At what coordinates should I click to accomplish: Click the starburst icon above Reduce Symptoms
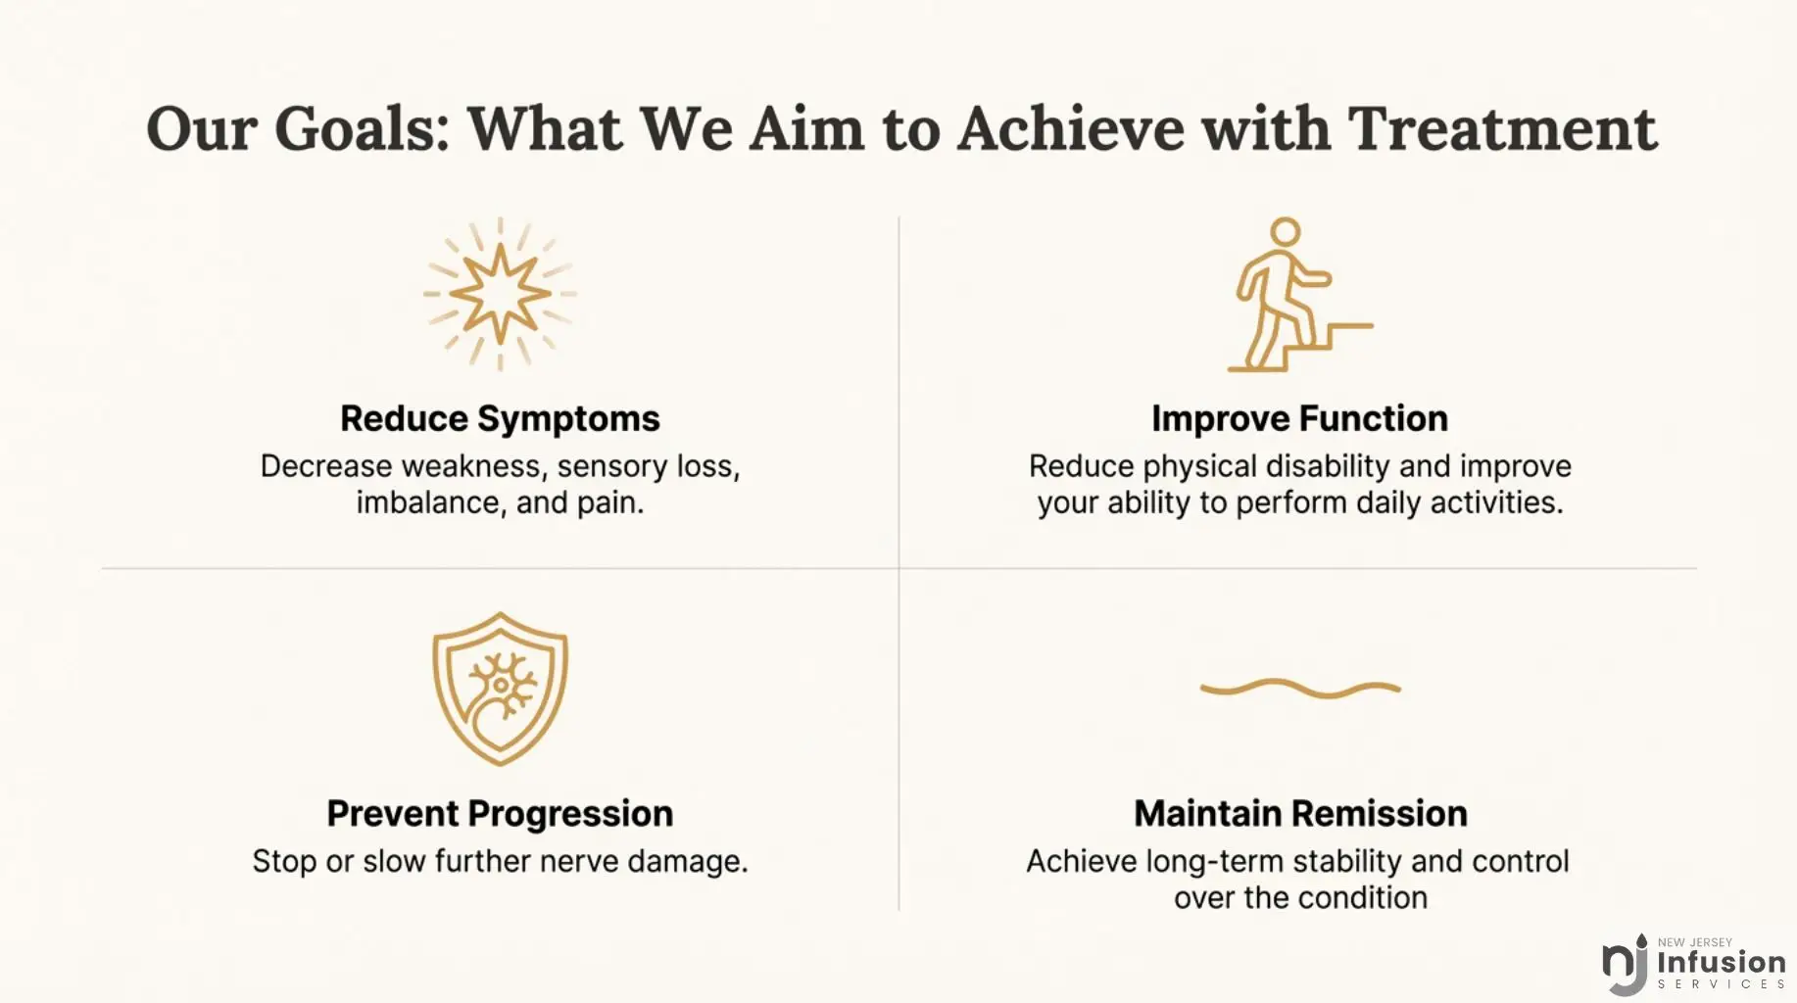pos(500,294)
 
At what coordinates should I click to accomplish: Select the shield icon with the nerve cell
pos(500,689)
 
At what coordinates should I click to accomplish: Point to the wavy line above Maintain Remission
pos(1300,689)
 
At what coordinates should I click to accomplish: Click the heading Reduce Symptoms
pos(500,418)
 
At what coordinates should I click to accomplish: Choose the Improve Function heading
pos(1299,418)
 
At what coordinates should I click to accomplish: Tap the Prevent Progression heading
pos(500,814)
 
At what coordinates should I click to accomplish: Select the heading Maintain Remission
pos(1300,814)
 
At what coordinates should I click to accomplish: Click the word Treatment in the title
pos(1502,128)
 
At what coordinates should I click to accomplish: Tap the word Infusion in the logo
pos(1722,962)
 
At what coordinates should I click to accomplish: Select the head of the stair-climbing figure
pos(1285,232)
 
